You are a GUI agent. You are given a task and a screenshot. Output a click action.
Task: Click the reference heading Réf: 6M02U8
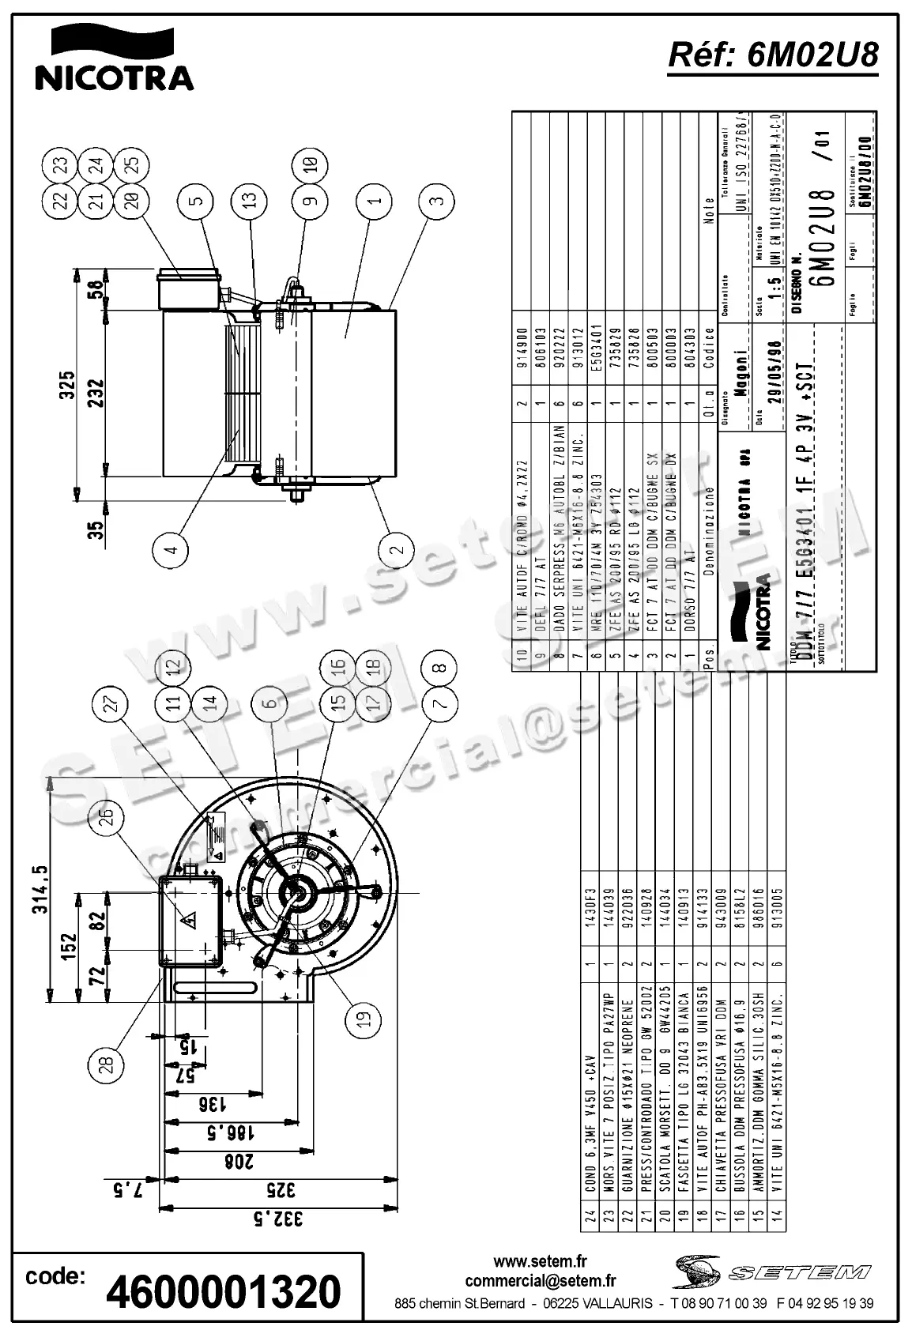[773, 55]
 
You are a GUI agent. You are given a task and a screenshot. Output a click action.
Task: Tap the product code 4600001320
[224, 1291]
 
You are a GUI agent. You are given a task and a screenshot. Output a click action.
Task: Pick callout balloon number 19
[364, 1019]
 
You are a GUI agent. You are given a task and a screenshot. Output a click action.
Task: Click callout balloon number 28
[110, 1063]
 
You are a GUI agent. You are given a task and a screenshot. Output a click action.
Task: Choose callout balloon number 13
[248, 200]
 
